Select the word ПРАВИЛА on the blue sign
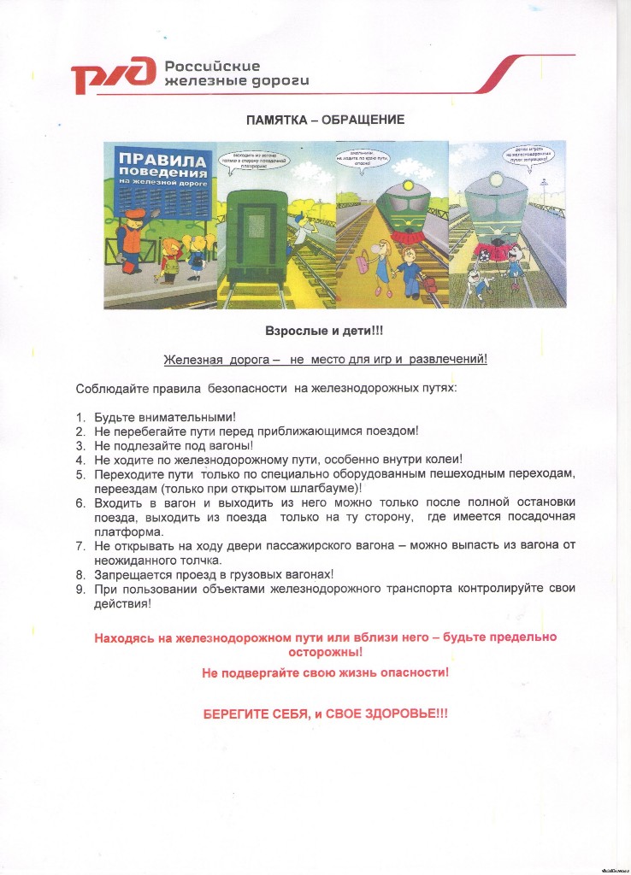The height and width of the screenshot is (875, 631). pos(162,160)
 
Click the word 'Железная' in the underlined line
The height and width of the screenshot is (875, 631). pos(192,359)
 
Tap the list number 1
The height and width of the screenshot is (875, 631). pos(80,417)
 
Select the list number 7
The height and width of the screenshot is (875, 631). pos(80,545)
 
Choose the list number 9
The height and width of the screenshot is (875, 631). pos(80,589)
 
